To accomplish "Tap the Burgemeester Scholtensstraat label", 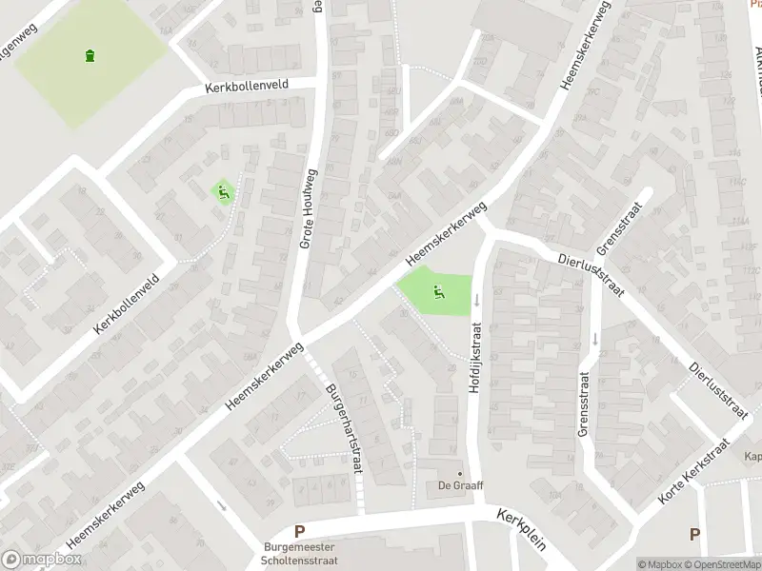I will click(x=300, y=554).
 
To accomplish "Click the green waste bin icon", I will click(x=90, y=55).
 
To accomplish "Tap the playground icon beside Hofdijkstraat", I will click(x=439, y=292).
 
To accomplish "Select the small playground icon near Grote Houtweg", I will click(x=224, y=192).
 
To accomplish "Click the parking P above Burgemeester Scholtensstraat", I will click(x=300, y=532).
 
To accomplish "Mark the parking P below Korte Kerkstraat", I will click(x=694, y=534).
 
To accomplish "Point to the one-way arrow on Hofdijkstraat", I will click(x=476, y=300).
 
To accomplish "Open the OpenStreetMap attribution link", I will click(x=721, y=565).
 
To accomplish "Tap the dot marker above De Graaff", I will click(x=460, y=473).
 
